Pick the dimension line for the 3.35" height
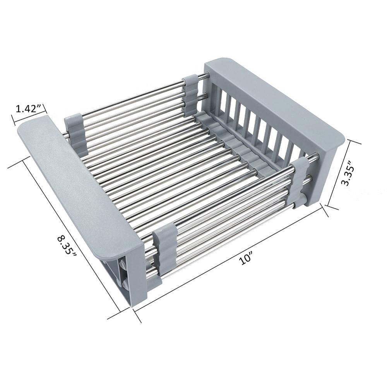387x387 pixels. pyautogui.click(x=340, y=174)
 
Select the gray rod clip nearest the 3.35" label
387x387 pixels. pyautogui.click(x=301, y=176)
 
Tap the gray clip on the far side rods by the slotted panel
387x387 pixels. pyautogui.click(x=190, y=91)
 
